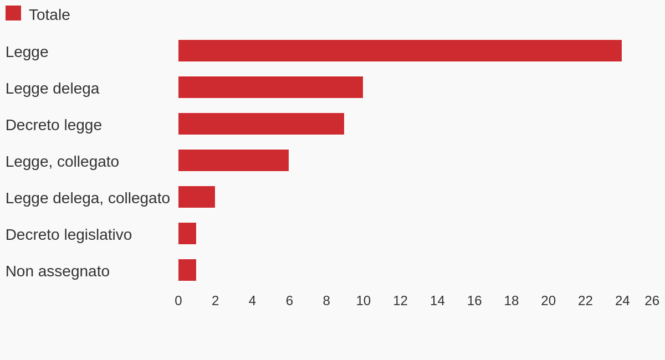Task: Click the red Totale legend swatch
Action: [13, 13]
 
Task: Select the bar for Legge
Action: [400, 51]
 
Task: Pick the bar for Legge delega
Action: [270, 88]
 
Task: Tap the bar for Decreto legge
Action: [261, 124]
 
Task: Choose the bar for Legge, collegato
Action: [233, 161]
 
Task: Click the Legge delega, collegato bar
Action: [197, 197]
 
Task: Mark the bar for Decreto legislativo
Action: [187, 234]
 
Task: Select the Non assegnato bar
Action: [187, 270]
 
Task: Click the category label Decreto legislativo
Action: [69, 235]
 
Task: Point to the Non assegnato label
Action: [58, 271]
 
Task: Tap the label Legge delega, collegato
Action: [88, 198]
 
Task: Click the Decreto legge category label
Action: [54, 125]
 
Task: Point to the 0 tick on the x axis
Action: [178, 301]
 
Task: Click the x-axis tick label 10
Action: [364, 301]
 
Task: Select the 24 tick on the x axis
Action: [622, 301]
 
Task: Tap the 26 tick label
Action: [652, 301]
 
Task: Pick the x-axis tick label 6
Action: [289, 301]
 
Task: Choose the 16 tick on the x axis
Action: [474, 301]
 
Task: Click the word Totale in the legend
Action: [49, 15]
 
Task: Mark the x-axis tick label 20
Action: [548, 301]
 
